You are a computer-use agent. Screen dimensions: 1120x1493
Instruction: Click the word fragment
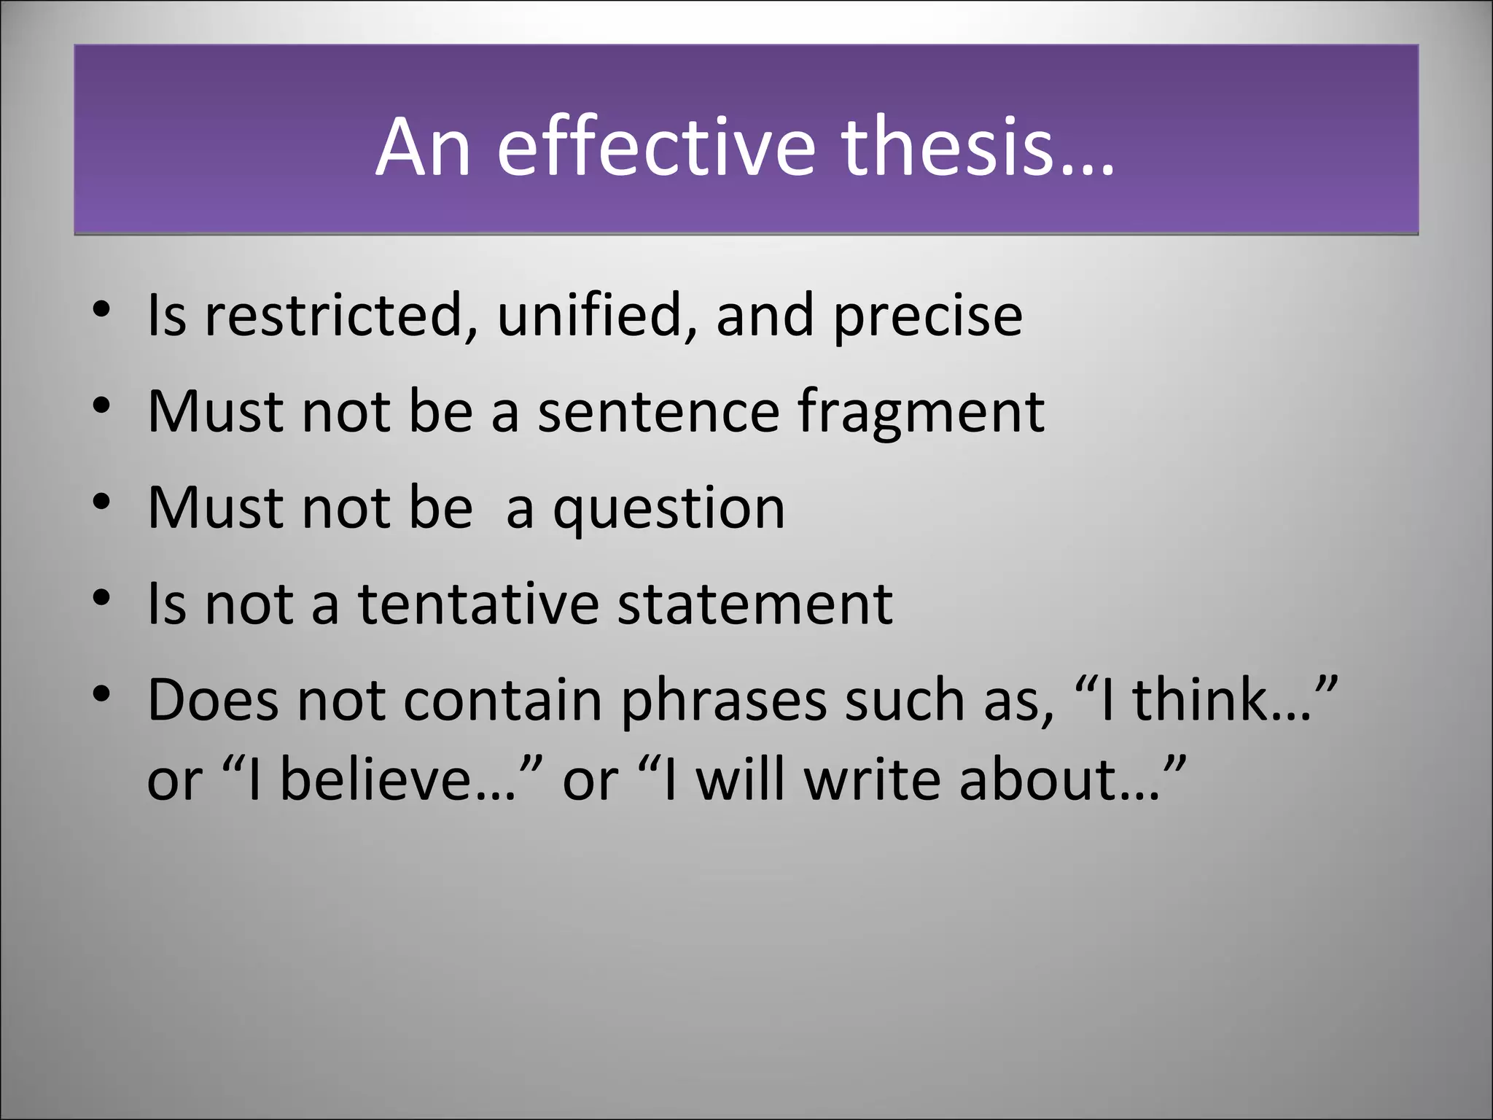(920, 413)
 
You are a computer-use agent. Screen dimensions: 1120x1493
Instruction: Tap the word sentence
(658, 411)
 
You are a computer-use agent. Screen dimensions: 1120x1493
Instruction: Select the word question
(668, 509)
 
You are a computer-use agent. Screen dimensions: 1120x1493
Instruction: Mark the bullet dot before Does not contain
(102, 693)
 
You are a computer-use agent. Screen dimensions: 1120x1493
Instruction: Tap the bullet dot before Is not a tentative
(102, 598)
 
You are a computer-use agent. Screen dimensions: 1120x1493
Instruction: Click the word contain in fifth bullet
(502, 700)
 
